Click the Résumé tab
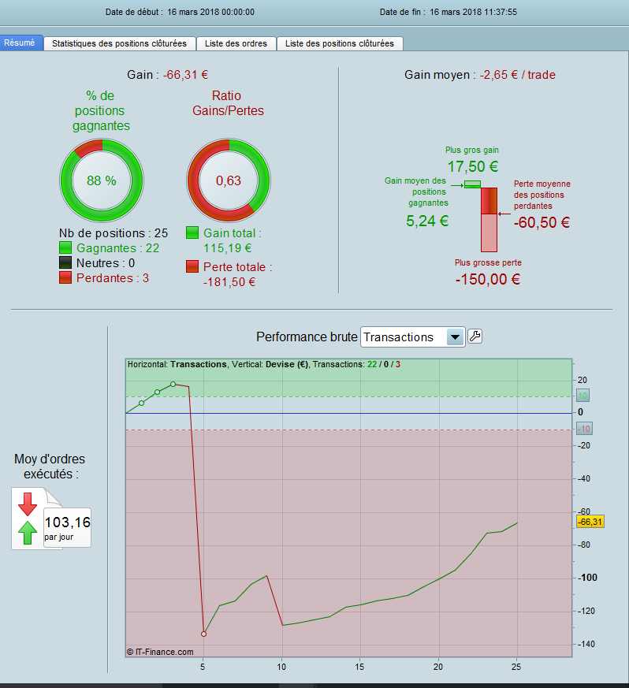[20, 43]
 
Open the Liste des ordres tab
[236, 44]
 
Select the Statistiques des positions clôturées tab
[119, 44]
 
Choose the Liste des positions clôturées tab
[340, 44]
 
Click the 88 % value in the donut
[101, 180]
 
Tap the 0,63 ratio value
[229, 180]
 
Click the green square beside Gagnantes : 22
[66, 248]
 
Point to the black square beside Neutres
[66, 263]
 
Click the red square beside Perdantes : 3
[66, 278]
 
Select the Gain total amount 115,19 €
[227, 248]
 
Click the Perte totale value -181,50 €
[229, 282]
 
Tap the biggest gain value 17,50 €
[473, 166]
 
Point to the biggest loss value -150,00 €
[488, 279]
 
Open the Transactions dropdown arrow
[454, 337]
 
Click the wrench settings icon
[475, 337]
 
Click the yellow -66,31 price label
[590, 522]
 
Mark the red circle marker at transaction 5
[203, 634]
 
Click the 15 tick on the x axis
[359, 667]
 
